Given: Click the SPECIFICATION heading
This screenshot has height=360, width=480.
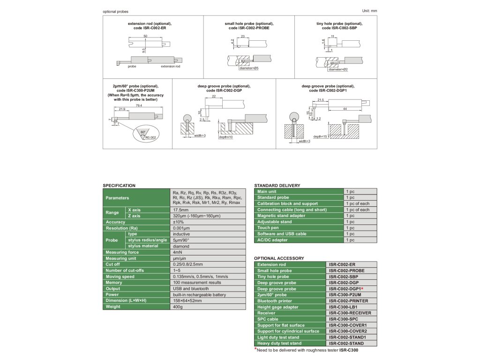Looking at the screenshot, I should [x=119, y=186].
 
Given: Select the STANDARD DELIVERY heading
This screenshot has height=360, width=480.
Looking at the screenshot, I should [x=277, y=186].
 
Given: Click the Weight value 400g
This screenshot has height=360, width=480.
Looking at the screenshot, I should [x=178, y=307].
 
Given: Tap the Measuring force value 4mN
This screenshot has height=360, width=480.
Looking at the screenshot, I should [x=178, y=252].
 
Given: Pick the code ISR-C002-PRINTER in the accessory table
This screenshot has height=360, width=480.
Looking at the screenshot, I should [x=348, y=301].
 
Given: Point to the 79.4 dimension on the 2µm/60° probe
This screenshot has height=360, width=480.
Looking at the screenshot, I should [x=139, y=105].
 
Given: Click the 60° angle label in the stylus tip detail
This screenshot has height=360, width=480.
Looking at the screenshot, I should [x=143, y=133].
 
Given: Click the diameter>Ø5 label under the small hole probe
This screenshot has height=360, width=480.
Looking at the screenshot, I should [x=249, y=68].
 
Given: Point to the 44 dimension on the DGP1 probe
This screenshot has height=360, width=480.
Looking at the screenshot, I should [x=345, y=109].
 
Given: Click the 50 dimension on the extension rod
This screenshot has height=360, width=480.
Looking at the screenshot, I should [x=145, y=36].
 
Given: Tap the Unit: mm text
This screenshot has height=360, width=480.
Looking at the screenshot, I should [x=369, y=10].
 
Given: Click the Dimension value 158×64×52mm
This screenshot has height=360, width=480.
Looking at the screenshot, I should [x=187, y=300].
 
